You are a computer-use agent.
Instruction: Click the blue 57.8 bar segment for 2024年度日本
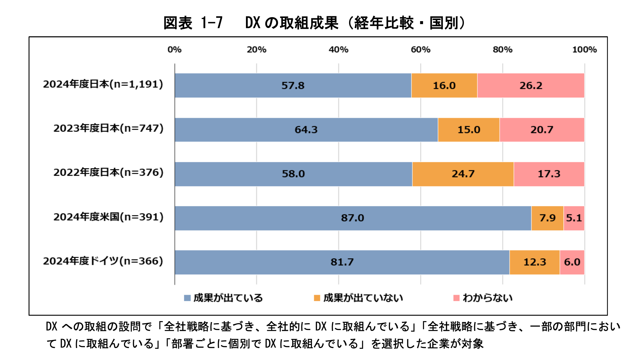pos(293,85)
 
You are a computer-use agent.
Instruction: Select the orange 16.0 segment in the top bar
pos(444,85)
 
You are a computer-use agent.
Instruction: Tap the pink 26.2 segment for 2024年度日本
pos(531,85)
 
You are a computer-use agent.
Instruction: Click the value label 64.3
pos(306,130)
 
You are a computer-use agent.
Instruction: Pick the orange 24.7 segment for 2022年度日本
pos(463,174)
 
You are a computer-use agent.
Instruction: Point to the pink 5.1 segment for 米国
pos(574,218)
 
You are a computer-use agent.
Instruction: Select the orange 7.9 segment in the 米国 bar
pos(547,218)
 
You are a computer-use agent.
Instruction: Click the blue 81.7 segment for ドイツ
pos(342,262)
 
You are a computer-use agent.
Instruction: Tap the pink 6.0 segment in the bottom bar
pos(572,262)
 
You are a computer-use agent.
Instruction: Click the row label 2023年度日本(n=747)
pos(108,128)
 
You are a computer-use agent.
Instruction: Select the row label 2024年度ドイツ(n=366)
pos(103,261)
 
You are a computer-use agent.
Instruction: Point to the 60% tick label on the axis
pos(420,50)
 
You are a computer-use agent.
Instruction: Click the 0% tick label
pos(175,50)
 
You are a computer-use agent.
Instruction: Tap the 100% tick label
pos(584,50)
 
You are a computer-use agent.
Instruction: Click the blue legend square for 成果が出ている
pos(187,298)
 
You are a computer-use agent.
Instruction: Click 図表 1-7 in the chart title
pos(193,23)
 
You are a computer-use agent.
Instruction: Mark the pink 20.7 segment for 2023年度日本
pos(542,130)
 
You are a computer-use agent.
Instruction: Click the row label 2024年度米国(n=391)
pos(108,217)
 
